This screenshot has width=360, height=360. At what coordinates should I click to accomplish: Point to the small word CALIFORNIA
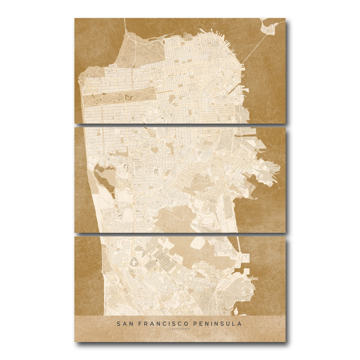tap(180, 329)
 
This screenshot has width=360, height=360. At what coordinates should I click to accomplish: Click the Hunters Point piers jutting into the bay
tap(271, 174)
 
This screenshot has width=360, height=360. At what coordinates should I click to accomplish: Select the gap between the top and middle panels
tap(180, 125)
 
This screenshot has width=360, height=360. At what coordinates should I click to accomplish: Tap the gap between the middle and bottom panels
tap(180, 234)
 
